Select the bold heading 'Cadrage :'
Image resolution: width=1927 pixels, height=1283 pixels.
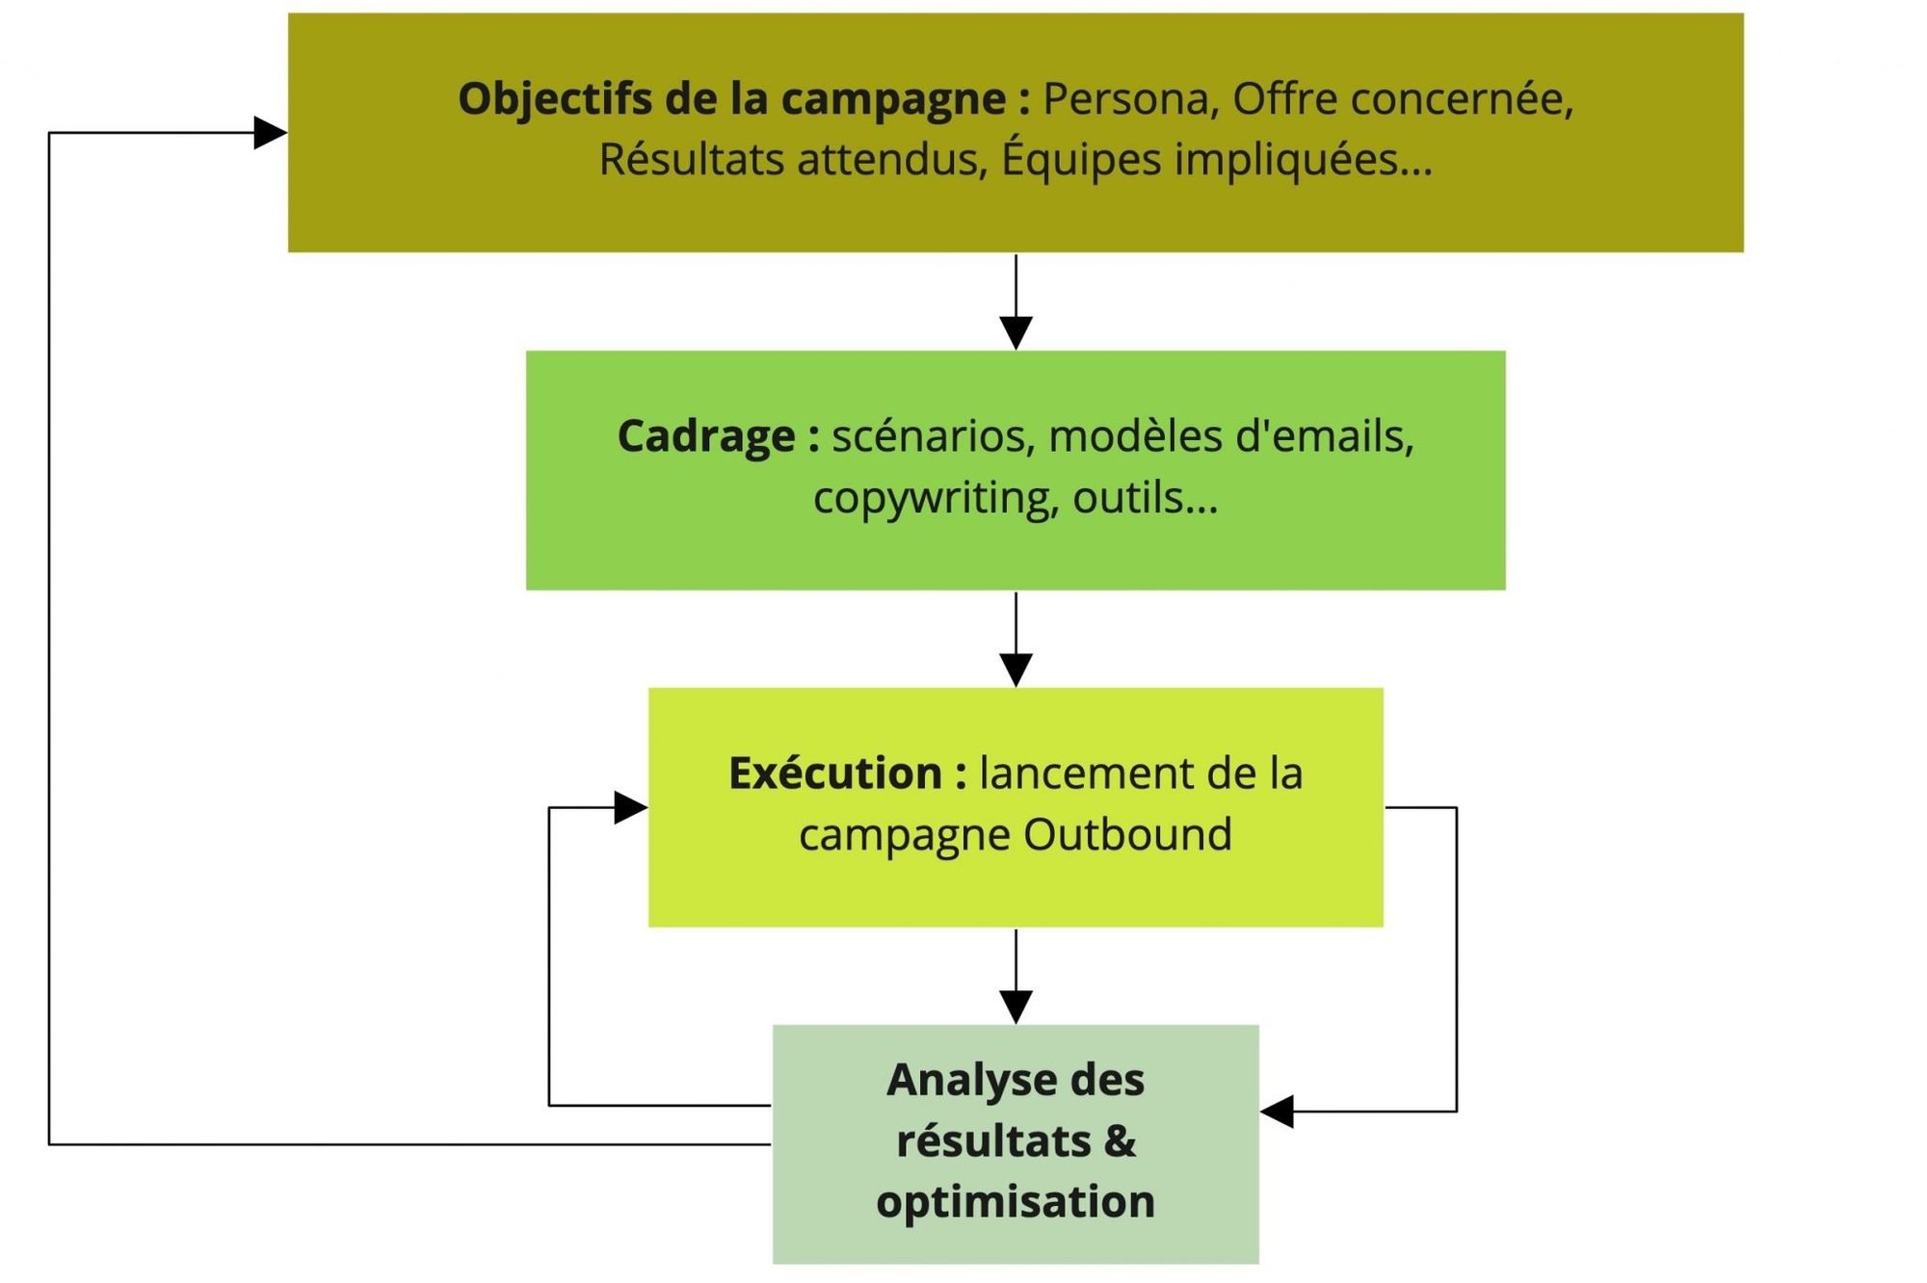click(718, 436)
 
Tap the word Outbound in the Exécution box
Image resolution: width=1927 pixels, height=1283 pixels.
click(1127, 834)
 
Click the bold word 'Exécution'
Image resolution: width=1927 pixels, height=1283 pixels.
click(834, 773)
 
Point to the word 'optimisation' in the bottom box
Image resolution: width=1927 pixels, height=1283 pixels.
click(1016, 1202)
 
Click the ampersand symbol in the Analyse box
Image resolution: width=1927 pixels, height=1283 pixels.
click(1119, 1140)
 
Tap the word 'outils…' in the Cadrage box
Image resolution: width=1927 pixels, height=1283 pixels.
click(1146, 498)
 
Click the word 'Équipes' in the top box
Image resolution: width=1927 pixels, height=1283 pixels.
click(1081, 159)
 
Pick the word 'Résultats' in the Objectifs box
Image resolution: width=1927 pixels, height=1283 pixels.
click(691, 159)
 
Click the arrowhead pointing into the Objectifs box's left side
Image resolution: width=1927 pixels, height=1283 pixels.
click(270, 133)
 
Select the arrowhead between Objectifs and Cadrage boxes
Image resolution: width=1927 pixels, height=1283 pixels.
click(1016, 332)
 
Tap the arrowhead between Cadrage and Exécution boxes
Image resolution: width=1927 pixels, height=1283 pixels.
click(1016, 669)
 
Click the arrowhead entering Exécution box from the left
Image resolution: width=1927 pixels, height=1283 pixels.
click(630, 807)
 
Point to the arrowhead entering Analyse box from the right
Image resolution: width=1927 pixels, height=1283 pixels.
click(1278, 1112)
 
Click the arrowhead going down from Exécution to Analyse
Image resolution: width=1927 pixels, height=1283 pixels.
click(1016, 1007)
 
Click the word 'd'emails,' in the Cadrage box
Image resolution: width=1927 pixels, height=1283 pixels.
click(1324, 436)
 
